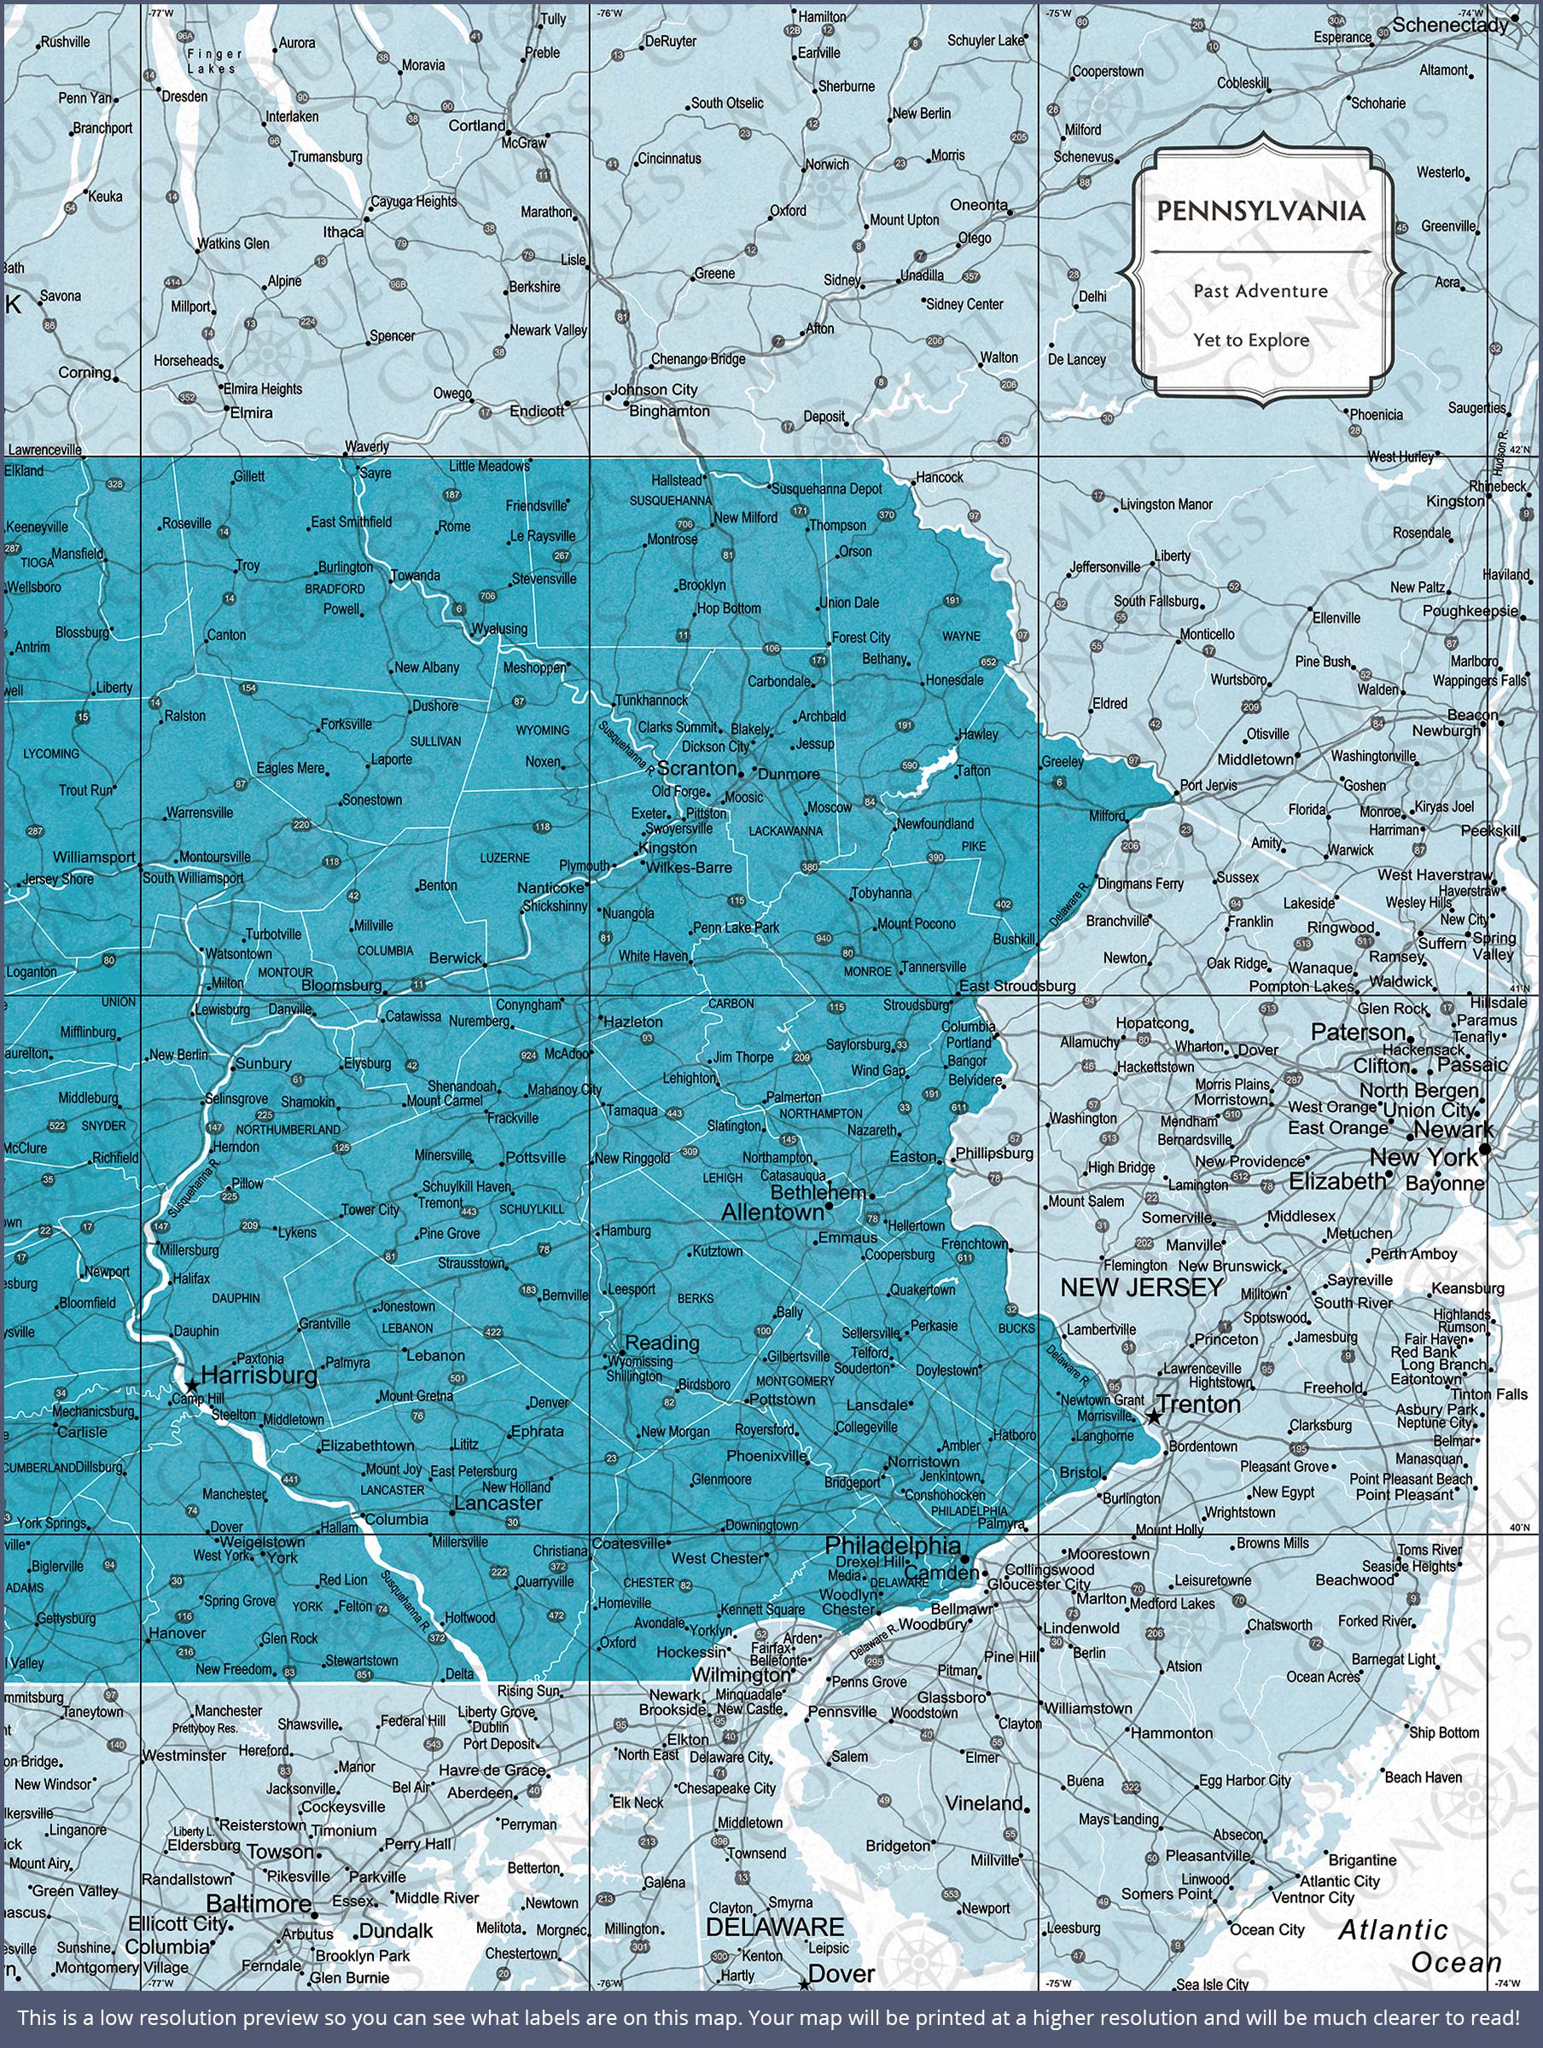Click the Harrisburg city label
(259, 1375)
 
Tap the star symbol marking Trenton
(1153, 1417)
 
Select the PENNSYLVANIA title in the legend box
(1261, 211)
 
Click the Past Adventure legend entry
(1261, 291)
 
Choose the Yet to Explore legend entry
(1251, 340)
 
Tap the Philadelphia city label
(893, 1545)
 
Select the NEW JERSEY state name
(1141, 1287)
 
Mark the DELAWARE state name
(774, 1927)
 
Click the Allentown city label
(771, 1212)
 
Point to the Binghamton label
(669, 410)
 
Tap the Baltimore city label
(259, 1904)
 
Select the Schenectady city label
(1449, 25)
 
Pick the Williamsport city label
(94, 858)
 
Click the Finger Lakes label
(215, 61)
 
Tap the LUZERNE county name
(504, 858)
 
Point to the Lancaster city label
(498, 1503)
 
